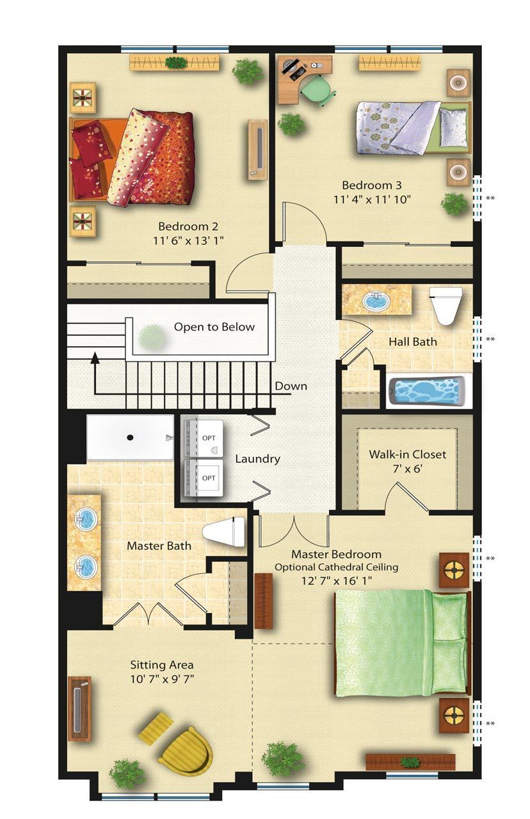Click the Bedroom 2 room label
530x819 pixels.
pos(188,227)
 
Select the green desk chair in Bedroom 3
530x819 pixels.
pos(317,90)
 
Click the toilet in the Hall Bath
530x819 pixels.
pos(446,306)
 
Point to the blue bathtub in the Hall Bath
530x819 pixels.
pos(426,391)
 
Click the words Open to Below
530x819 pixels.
pos(214,327)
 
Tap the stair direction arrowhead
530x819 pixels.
pos(95,357)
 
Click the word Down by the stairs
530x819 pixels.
pos(291,386)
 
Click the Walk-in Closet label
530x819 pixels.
pos(408,454)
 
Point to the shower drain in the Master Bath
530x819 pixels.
pos(130,437)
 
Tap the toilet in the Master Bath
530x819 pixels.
pos(223,532)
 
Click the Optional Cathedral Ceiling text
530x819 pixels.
pos(336,568)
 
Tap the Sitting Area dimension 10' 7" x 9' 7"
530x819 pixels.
pos(162,679)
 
